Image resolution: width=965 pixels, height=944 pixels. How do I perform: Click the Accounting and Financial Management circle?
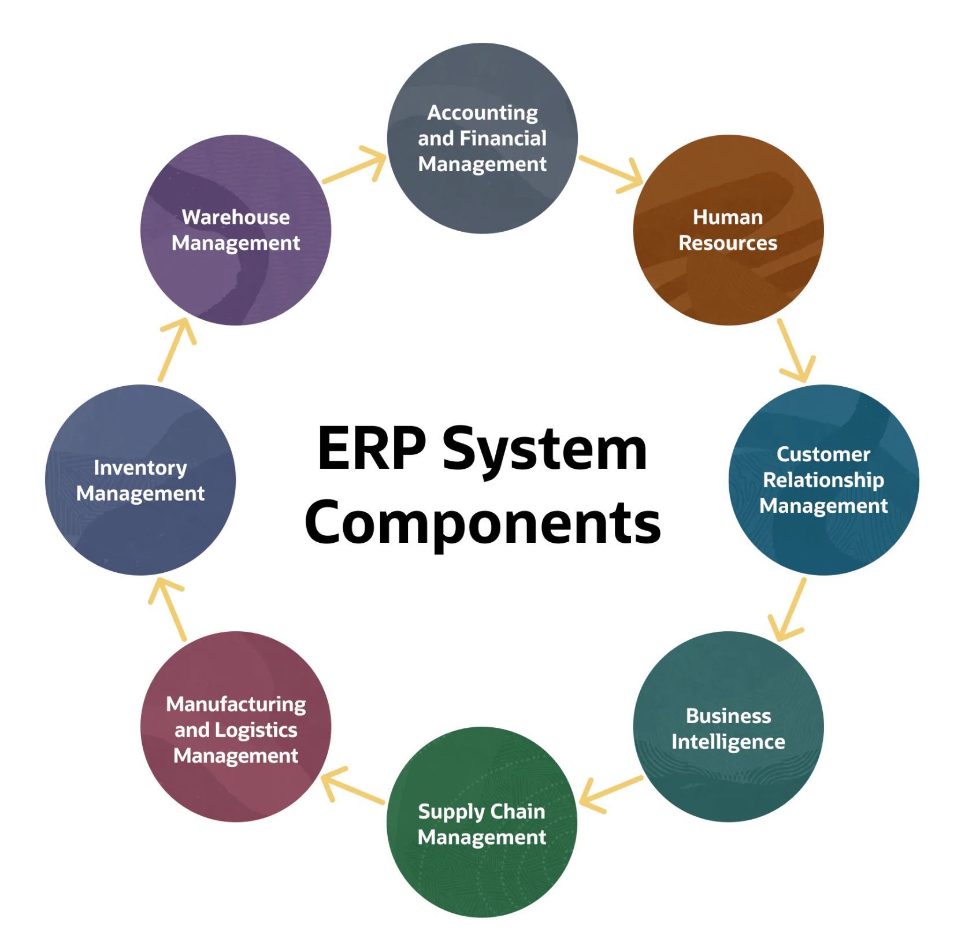tap(482, 138)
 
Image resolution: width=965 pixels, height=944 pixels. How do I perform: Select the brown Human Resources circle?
tap(728, 230)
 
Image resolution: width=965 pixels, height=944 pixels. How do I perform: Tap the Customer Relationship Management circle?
tap(823, 480)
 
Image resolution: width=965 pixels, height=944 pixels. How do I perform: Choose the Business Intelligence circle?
tap(728, 727)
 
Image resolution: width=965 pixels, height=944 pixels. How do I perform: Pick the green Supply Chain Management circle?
tap(482, 822)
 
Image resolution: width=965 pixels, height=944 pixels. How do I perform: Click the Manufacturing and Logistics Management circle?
tap(236, 727)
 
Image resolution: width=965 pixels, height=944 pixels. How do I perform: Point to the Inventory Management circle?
tap(140, 480)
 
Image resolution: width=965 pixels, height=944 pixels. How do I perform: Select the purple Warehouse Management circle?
tap(236, 230)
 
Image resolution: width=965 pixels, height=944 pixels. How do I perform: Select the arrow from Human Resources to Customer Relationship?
tap(796, 350)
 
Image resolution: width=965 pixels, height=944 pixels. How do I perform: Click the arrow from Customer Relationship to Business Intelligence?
tap(788, 609)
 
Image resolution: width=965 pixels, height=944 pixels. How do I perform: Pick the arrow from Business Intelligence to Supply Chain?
tap(610, 793)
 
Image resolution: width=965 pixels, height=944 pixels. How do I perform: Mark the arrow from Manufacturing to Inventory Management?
tap(168, 610)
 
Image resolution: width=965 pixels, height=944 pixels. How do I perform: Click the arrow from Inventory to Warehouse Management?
tap(176, 350)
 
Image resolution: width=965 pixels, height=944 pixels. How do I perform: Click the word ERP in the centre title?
tap(372, 449)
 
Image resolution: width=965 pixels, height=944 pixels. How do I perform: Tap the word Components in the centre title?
tap(482, 522)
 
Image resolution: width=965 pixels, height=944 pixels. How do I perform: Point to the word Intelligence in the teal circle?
tap(728, 742)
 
